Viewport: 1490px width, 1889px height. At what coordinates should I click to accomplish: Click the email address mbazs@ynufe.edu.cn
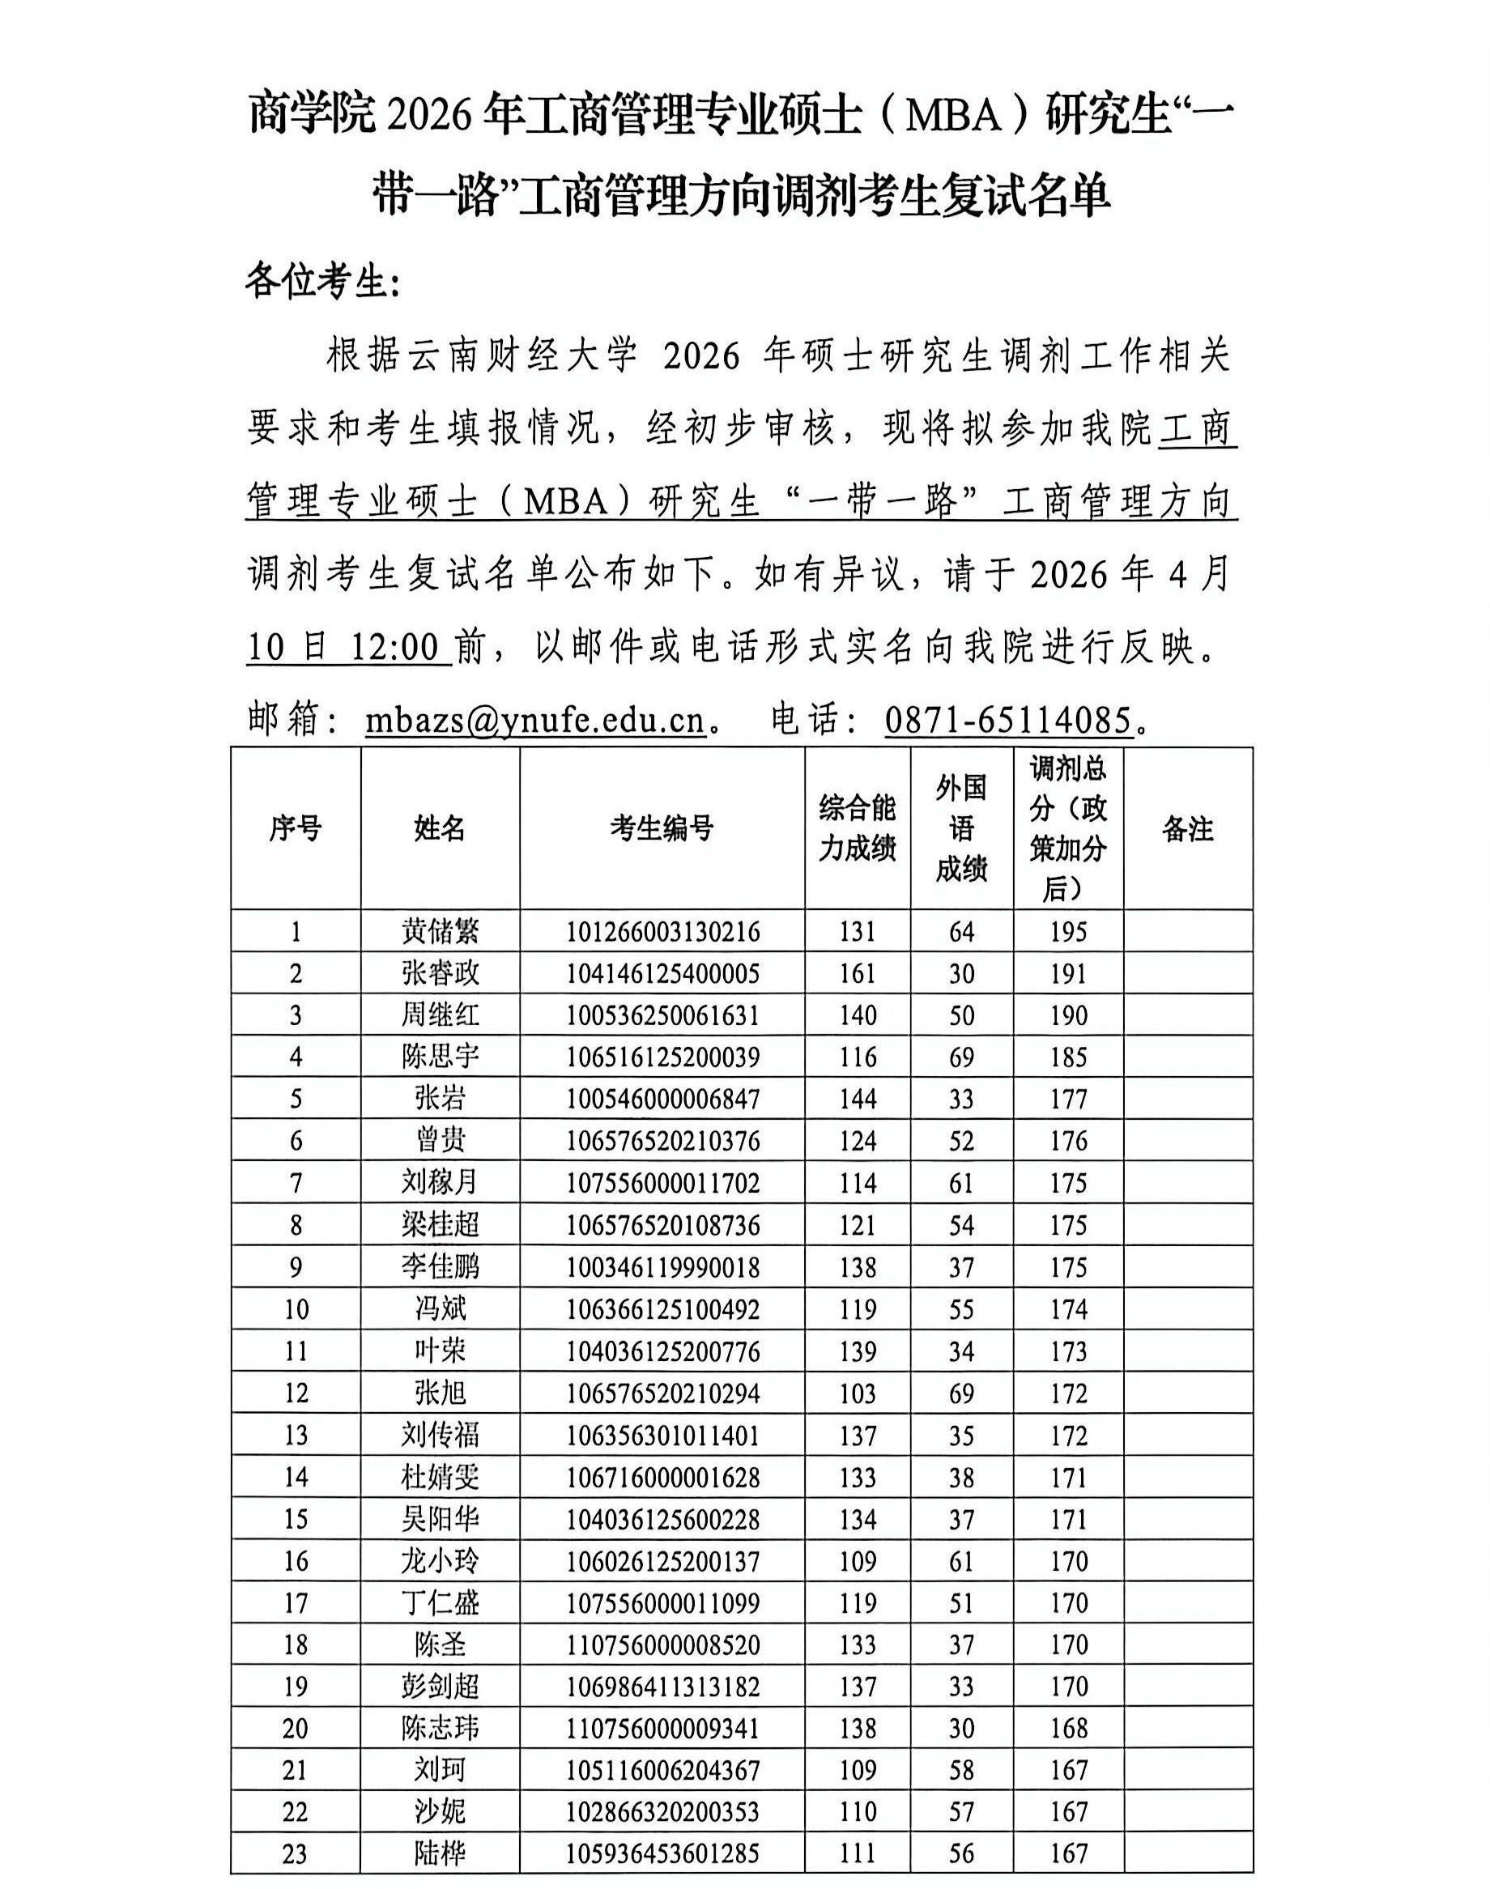pyautogui.click(x=534, y=721)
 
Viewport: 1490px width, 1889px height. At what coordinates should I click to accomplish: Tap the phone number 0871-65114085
pyautogui.click(x=1007, y=721)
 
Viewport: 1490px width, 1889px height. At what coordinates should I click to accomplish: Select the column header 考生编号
pyautogui.click(x=662, y=828)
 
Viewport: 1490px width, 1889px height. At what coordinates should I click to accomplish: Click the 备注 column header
pyautogui.click(x=1187, y=828)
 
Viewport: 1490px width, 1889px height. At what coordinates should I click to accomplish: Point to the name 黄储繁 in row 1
pyautogui.click(x=440, y=931)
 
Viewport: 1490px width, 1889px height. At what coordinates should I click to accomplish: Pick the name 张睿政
pyautogui.click(x=440, y=973)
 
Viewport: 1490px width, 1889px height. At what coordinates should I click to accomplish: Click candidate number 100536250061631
pyautogui.click(x=662, y=1015)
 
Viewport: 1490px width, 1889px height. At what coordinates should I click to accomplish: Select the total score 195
pyautogui.click(x=1068, y=931)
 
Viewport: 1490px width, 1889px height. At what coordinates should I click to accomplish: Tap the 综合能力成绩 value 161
pyautogui.click(x=857, y=973)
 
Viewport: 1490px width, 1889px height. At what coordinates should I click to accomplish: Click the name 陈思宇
pyautogui.click(x=440, y=1057)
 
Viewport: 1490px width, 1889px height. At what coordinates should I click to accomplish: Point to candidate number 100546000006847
pyautogui.click(x=662, y=1099)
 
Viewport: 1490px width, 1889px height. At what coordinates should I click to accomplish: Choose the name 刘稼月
pyautogui.click(x=440, y=1183)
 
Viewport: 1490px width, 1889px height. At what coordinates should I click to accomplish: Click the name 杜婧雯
pyautogui.click(x=440, y=1478)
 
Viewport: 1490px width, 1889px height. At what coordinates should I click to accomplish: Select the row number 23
pyautogui.click(x=295, y=1854)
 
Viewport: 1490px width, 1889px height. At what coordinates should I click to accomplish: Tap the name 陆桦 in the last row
pyautogui.click(x=440, y=1854)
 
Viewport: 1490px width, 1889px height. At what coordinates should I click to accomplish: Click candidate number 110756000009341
pyautogui.click(x=662, y=1729)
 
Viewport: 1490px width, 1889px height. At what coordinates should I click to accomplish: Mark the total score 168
pyautogui.click(x=1068, y=1729)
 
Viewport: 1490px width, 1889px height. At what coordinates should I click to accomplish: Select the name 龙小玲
pyautogui.click(x=440, y=1561)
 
